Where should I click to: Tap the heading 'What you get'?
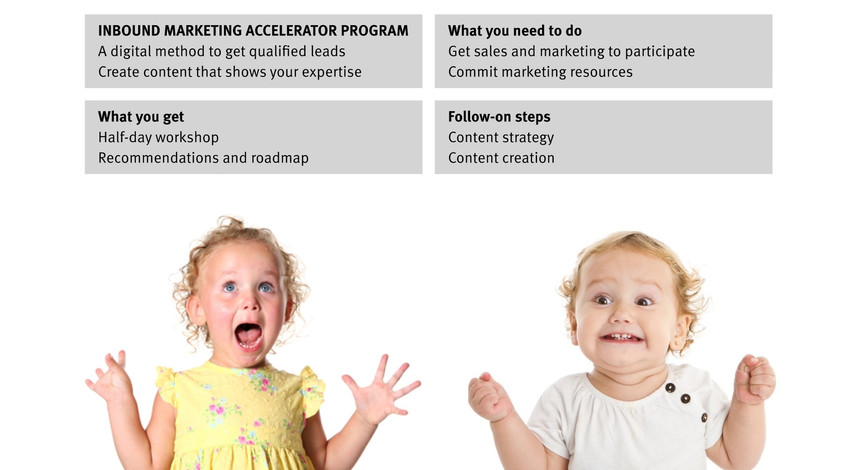coord(141,117)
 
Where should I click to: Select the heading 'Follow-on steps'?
coord(499,117)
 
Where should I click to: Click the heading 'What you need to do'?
coord(515,31)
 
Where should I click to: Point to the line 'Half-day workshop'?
coord(158,137)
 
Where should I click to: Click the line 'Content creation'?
coord(501,158)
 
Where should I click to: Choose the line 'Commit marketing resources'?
coord(540,72)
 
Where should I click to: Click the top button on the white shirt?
coord(670,388)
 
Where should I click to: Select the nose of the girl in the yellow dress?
coord(251,303)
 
